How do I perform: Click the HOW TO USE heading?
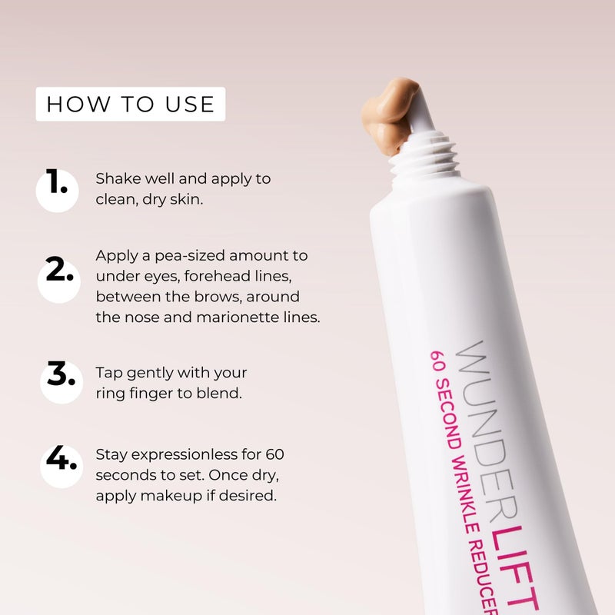[131, 105]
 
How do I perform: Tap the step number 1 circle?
[58, 187]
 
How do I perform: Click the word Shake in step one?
[115, 179]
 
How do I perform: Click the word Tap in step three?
[108, 373]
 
